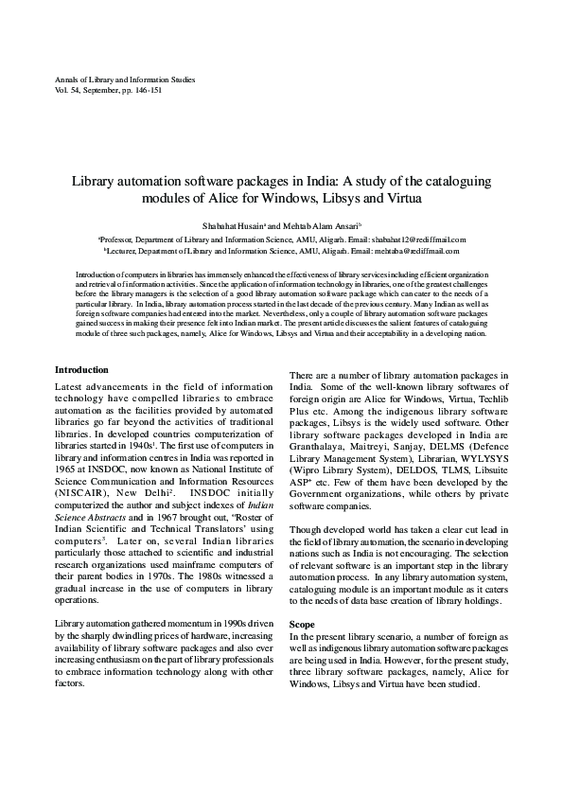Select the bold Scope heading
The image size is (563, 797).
(302, 625)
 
